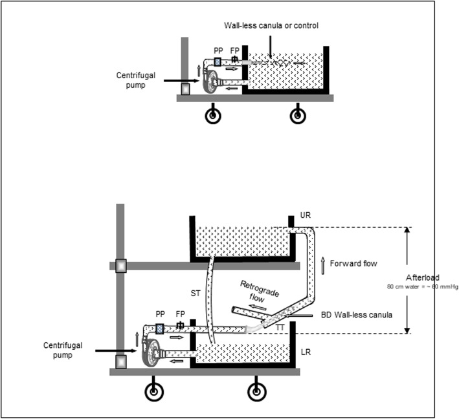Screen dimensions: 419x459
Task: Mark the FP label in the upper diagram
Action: coord(235,50)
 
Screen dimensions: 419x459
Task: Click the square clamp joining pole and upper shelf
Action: coord(121,266)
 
